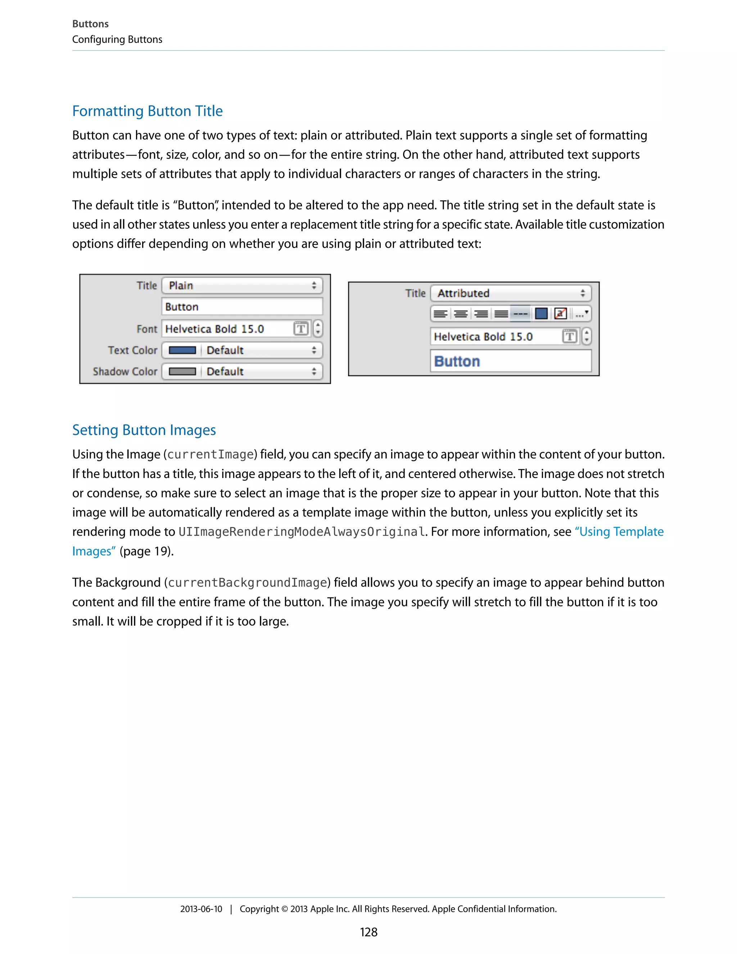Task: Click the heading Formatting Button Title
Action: [147, 111]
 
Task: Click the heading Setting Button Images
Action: [144, 430]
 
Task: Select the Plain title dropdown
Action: [242, 286]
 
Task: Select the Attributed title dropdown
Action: [510, 293]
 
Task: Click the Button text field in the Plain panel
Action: [242, 307]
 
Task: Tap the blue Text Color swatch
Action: [182, 350]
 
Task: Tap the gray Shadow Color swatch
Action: [182, 371]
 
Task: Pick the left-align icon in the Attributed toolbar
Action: [440, 314]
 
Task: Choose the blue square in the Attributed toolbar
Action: [541, 314]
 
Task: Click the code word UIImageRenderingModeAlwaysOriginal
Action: [302, 532]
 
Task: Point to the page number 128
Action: [368, 932]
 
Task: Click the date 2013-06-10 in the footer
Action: [201, 909]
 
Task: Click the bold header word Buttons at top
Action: [90, 24]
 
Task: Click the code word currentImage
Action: [211, 455]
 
